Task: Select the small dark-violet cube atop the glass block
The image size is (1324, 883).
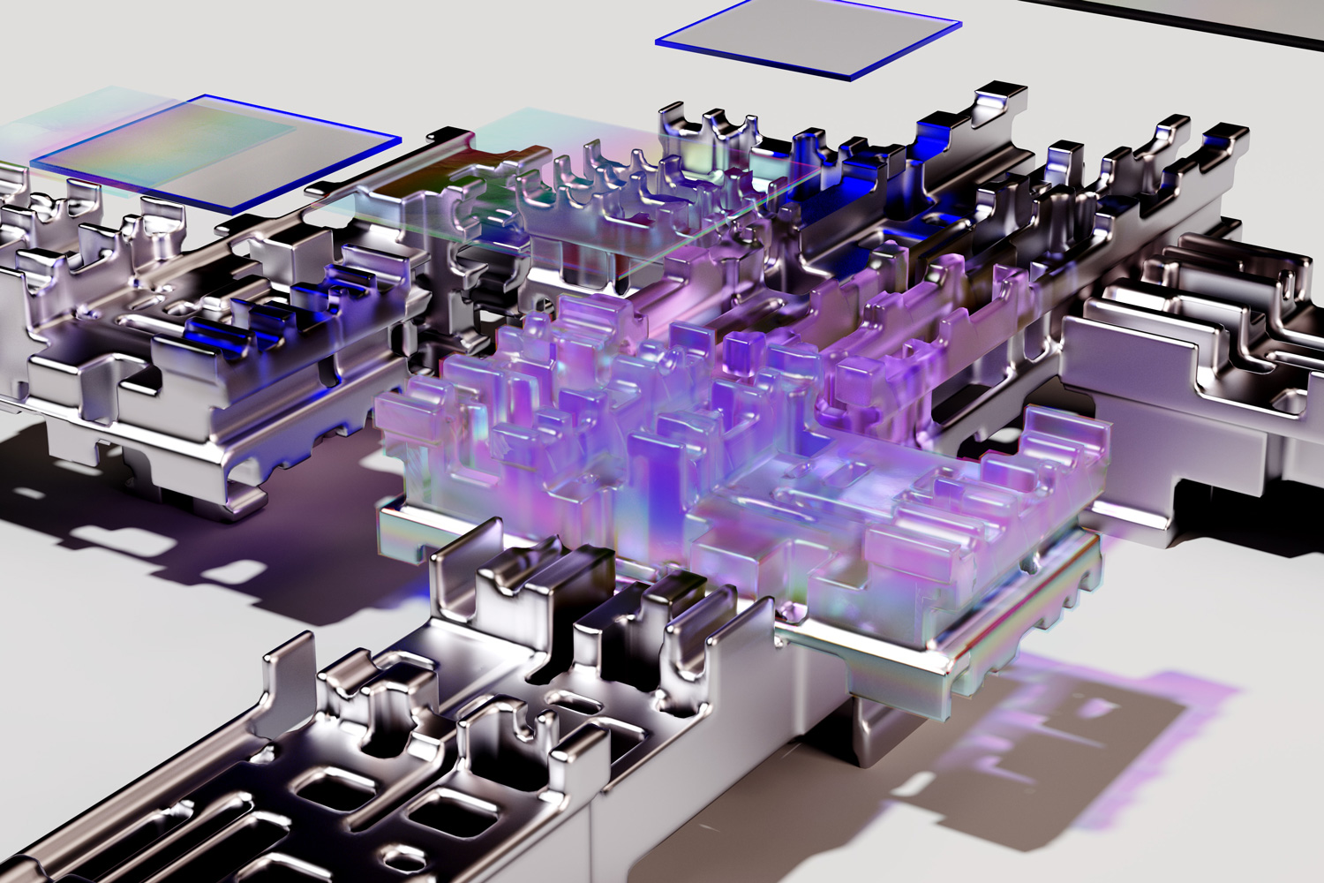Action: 741,349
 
